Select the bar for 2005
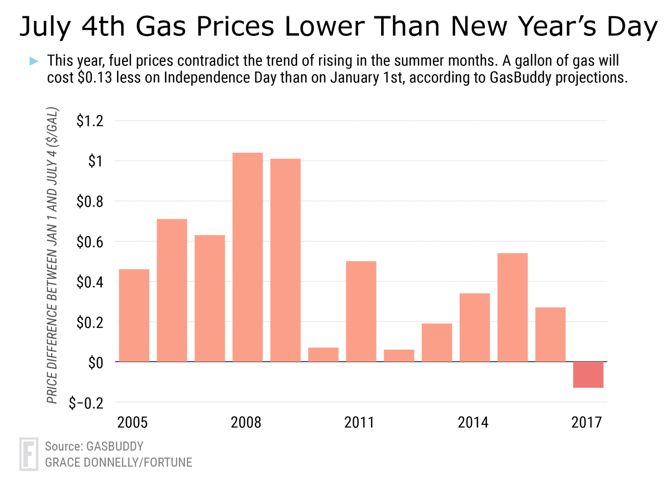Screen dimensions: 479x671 tap(134, 315)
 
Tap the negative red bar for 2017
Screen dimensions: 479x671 tap(588, 375)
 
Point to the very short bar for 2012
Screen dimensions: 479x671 tap(399, 356)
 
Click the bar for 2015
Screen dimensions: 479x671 tap(513, 307)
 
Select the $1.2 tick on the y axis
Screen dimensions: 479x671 tap(90, 121)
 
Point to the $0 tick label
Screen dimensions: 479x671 tap(96, 362)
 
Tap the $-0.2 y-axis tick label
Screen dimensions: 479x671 tap(86, 403)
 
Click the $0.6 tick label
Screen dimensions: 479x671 tap(90, 242)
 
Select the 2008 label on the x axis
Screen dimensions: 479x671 tap(246, 422)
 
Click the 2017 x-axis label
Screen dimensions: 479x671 tap(587, 422)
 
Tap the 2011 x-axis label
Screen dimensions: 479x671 tap(359, 422)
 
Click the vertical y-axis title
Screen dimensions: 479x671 tap(52, 255)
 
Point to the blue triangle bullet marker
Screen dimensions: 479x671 tap(34, 61)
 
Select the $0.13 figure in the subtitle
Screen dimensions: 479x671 tap(95, 77)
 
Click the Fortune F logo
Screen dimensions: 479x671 tap(28, 453)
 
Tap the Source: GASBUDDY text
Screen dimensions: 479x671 tap(94, 446)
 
